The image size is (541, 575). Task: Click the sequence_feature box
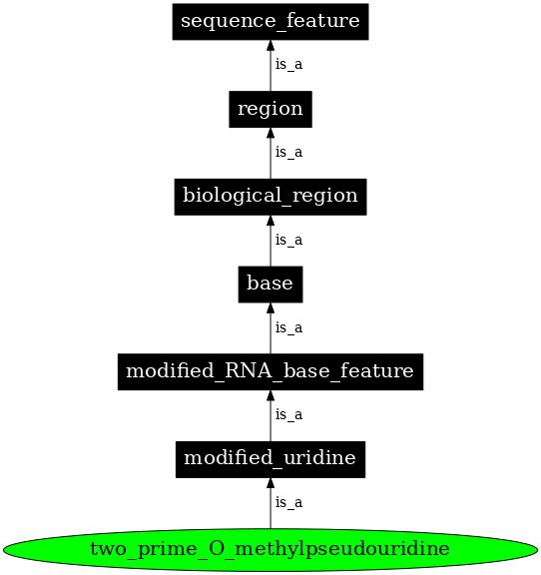pos(270,21)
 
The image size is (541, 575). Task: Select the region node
pos(270,109)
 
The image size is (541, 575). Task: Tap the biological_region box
pos(270,196)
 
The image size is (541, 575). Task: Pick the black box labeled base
pos(270,284)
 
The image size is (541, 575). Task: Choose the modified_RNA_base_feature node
pos(270,371)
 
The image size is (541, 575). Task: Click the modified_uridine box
pos(270,459)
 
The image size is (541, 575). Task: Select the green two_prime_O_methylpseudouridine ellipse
pos(270,548)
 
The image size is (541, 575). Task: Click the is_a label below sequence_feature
pos(288,65)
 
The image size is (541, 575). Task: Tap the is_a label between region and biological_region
pos(288,153)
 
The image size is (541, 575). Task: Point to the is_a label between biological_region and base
pos(288,241)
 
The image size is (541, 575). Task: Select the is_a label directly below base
pos(288,327)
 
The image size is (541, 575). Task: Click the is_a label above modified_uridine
pos(288,414)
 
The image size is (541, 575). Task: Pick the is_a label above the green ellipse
pos(288,502)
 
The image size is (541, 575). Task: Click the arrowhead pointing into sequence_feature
pos(270,47)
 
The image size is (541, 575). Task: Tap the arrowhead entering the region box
pos(270,135)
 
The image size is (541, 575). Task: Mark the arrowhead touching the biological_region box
pos(270,222)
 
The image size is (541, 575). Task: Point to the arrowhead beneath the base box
pos(270,309)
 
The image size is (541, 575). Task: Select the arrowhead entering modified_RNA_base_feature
pos(270,397)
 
